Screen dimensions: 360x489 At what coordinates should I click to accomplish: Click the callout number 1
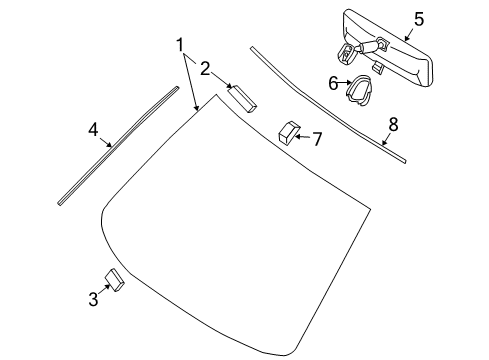(180, 45)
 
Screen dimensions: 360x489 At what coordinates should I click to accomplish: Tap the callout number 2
(204, 69)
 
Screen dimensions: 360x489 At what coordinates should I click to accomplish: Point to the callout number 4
(93, 129)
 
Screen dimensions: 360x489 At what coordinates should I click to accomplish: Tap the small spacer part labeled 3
(114, 280)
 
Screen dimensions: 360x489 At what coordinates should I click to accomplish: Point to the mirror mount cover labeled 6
(361, 90)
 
